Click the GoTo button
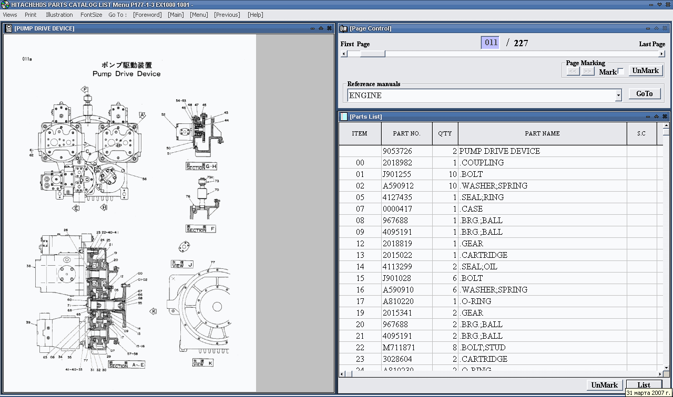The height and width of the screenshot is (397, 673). tap(645, 93)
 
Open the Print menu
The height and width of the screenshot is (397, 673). tap(30, 15)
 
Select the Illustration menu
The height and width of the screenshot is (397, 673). tap(59, 15)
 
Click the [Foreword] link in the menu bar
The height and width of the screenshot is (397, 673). tap(147, 15)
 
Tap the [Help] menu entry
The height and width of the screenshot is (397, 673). tap(255, 15)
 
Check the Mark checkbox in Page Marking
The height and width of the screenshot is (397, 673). tap(620, 71)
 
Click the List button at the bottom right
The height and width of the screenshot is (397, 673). tap(644, 385)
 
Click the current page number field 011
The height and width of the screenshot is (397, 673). tap(491, 43)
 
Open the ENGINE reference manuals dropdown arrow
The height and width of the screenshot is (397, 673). tap(618, 96)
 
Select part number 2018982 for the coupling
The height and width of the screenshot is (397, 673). tap(397, 163)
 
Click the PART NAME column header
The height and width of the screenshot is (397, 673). tap(542, 133)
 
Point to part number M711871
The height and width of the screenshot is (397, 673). tap(399, 348)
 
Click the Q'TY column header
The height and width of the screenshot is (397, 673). tap(445, 133)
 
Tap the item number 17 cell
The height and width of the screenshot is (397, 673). tap(360, 301)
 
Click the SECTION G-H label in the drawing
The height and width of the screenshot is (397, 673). tap(201, 166)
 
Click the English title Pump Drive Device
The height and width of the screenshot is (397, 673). tap(126, 74)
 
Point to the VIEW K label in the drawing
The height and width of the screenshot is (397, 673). tap(203, 362)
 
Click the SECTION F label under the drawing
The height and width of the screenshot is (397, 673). tap(200, 229)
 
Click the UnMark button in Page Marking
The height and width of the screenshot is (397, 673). tap(645, 70)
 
